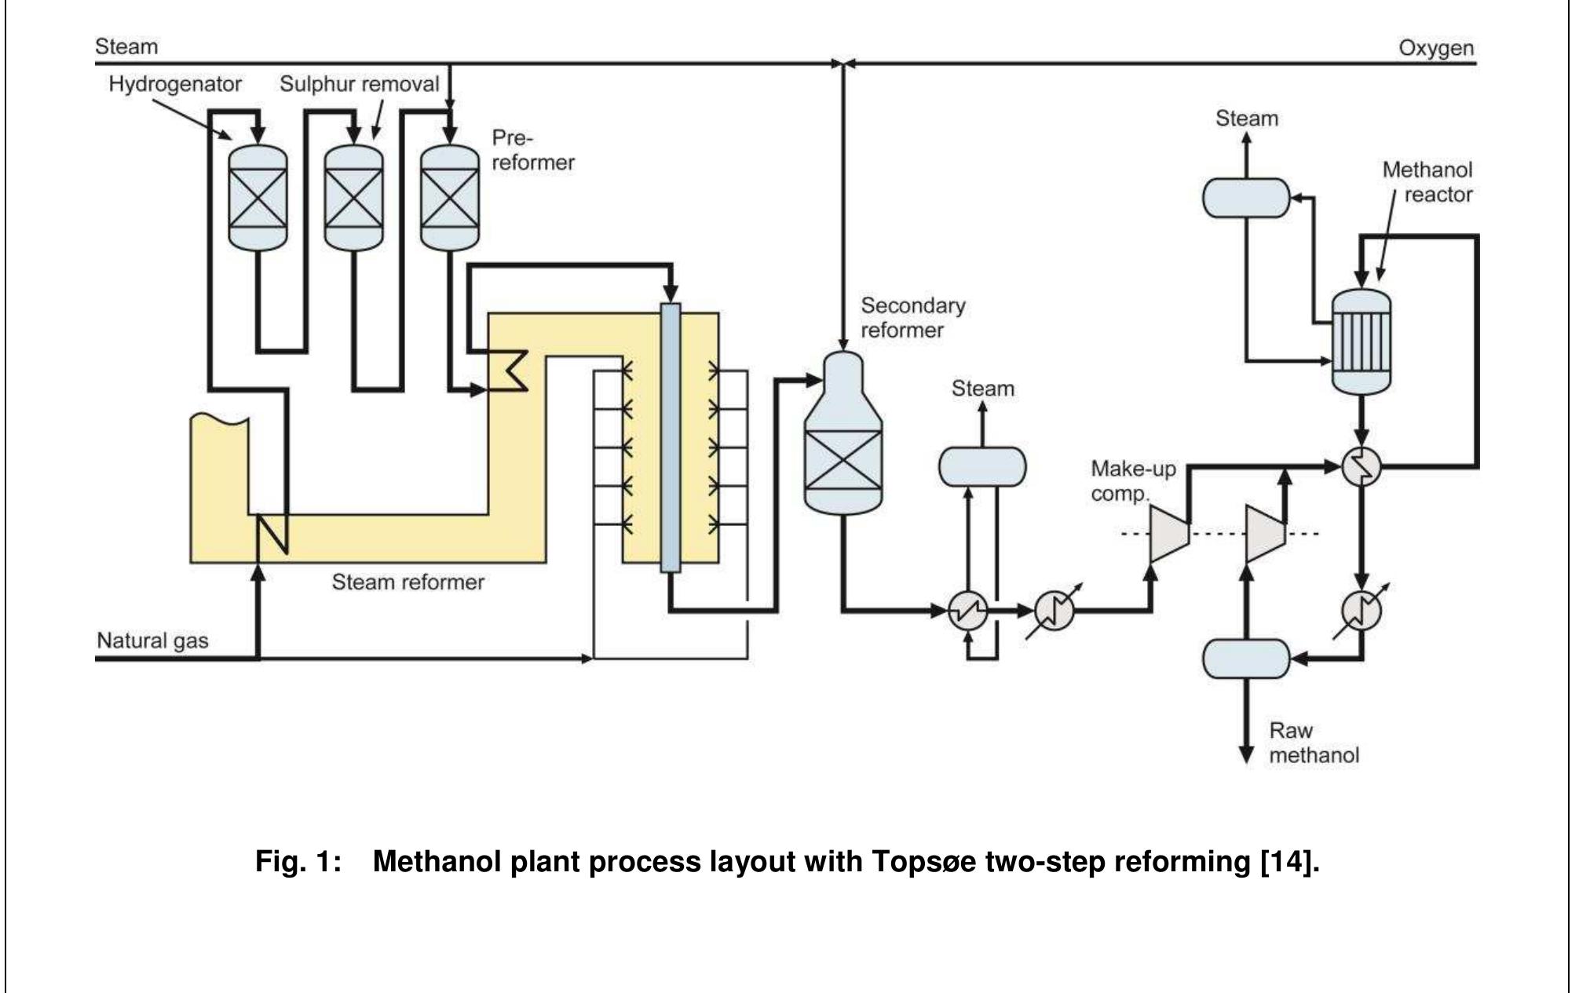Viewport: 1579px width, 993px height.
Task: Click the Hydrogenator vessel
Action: pos(258,197)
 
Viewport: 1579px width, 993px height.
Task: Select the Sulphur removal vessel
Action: pos(353,197)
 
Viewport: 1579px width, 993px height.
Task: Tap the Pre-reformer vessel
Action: pos(449,197)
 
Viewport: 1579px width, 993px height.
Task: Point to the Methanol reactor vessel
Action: pos(1362,342)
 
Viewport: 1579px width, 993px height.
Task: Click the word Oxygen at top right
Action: pos(1435,49)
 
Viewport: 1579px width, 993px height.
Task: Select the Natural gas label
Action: pos(152,641)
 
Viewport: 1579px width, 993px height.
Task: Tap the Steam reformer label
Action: pos(408,582)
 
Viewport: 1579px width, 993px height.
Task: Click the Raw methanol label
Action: pos(1313,743)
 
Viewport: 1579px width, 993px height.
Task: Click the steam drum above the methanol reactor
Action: pos(1246,198)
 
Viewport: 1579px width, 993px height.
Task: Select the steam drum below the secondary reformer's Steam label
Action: pos(982,466)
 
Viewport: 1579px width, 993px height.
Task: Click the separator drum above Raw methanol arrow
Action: pos(1246,659)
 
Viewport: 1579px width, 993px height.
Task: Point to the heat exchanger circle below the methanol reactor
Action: pos(1361,467)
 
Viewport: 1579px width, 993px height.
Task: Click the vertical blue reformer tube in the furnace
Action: pos(670,436)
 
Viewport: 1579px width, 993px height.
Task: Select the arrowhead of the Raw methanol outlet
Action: pos(1246,755)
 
